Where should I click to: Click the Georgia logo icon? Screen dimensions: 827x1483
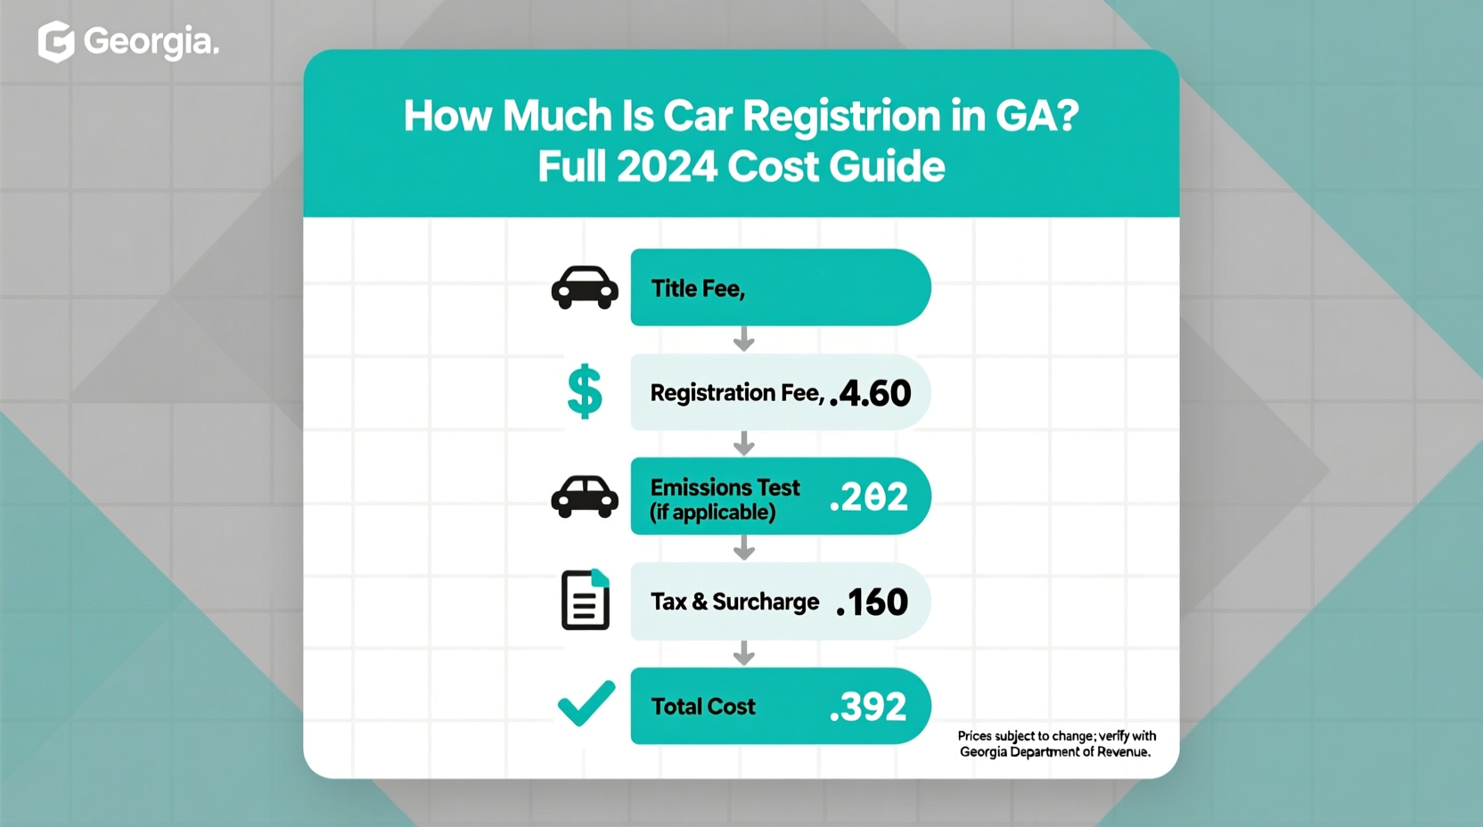pyautogui.click(x=55, y=42)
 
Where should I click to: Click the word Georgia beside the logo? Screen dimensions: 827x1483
pyautogui.click(x=151, y=42)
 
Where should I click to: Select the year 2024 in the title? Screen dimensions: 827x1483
pyautogui.click(x=668, y=167)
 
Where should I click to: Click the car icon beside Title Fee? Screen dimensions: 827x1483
pyautogui.click(x=585, y=288)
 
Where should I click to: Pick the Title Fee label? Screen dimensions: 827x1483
pyautogui.click(x=697, y=289)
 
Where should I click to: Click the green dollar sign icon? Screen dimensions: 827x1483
pyautogui.click(x=585, y=392)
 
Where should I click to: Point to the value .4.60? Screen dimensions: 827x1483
pyautogui.click(x=870, y=394)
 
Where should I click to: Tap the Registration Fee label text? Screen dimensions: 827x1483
pyautogui.click(x=736, y=393)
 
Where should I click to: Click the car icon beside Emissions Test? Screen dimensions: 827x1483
pyautogui.click(x=585, y=496)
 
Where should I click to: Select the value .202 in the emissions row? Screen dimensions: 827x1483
pyautogui.click(x=868, y=497)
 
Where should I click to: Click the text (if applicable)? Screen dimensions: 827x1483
pyautogui.click(x=712, y=513)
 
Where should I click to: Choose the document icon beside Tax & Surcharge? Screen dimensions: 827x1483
pyautogui.click(x=586, y=600)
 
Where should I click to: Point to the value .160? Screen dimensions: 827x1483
pyautogui.click(x=872, y=602)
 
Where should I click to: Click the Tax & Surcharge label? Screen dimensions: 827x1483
pyautogui.click(x=734, y=602)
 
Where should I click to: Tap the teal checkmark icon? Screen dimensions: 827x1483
pyautogui.click(x=586, y=703)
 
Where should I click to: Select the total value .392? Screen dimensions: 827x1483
pyautogui.click(x=867, y=707)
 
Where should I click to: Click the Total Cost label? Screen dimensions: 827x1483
pyautogui.click(x=702, y=707)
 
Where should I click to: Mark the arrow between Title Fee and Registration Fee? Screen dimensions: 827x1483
pyautogui.click(x=744, y=340)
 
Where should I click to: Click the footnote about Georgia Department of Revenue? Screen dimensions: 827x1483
pyautogui.click(x=1056, y=744)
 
